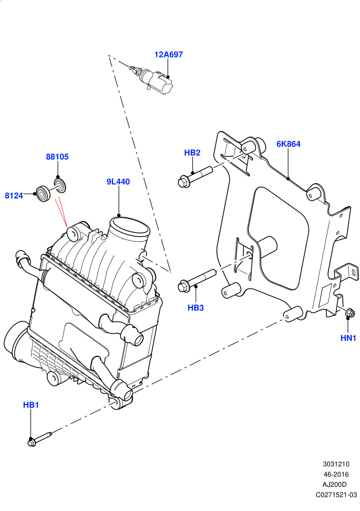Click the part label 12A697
coord(168,54)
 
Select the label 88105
coord(57,157)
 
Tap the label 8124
coord(14,195)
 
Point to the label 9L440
coord(118,181)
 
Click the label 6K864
coord(289,144)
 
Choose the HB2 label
coord(192,153)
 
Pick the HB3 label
coord(195,307)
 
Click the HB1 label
coord(31,405)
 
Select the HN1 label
coord(348,338)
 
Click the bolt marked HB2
coord(195,176)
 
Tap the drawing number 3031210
coord(336,464)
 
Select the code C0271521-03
coord(336,495)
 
